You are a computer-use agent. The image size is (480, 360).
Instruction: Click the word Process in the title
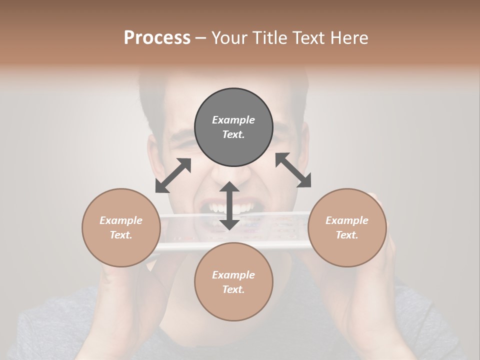(x=157, y=38)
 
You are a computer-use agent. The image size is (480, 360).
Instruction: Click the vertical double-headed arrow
(x=229, y=205)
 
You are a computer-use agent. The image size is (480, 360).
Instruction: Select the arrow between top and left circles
(x=173, y=175)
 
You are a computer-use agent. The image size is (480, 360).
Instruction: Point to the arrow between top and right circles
(x=293, y=170)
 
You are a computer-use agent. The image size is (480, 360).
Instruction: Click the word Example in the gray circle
(x=233, y=120)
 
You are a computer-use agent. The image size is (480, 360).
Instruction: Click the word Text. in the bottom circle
(x=233, y=289)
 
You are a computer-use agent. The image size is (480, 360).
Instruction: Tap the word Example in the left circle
(x=121, y=220)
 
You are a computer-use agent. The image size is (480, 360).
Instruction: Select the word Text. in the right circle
(x=347, y=235)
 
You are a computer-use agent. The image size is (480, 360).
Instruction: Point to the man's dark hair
(x=150, y=100)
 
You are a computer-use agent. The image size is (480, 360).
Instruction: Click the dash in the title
(x=201, y=38)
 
